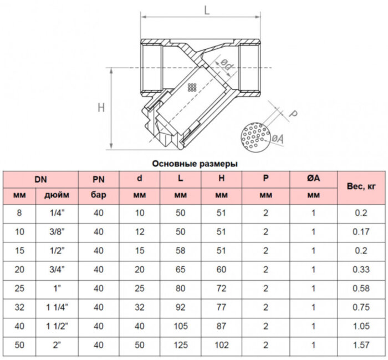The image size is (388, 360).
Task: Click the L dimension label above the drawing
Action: pyautogui.click(x=207, y=10)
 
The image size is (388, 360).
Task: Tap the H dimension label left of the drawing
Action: pyautogui.click(x=101, y=108)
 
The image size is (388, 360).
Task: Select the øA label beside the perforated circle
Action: pyautogui.click(x=278, y=139)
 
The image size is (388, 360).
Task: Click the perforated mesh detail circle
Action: pyautogui.click(x=256, y=137)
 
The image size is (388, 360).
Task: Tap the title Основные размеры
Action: pyautogui.click(x=195, y=164)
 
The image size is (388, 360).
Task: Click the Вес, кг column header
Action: pyautogui.click(x=361, y=186)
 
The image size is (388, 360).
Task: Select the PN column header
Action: pyautogui.click(x=99, y=179)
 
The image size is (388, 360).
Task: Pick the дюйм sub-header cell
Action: pyautogui.click(x=57, y=195)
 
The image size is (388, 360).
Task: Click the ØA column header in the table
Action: pyautogui.click(x=314, y=178)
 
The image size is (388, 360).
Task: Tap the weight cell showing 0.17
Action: pyautogui.click(x=361, y=232)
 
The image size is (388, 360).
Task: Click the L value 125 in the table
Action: pyautogui.click(x=181, y=345)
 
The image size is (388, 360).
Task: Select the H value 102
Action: pyautogui.click(x=222, y=345)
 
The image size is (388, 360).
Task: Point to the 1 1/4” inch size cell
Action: pyautogui.click(x=57, y=307)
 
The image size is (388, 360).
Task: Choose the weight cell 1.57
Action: pyautogui.click(x=361, y=345)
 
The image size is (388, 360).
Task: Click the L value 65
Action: pyautogui.click(x=180, y=270)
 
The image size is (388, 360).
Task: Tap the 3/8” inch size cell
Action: pyautogui.click(x=57, y=232)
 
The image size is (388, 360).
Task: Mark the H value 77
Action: pyautogui.click(x=221, y=307)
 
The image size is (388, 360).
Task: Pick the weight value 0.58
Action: pyautogui.click(x=361, y=288)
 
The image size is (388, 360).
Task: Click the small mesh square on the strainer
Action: pyautogui.click(x=192, y=87)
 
